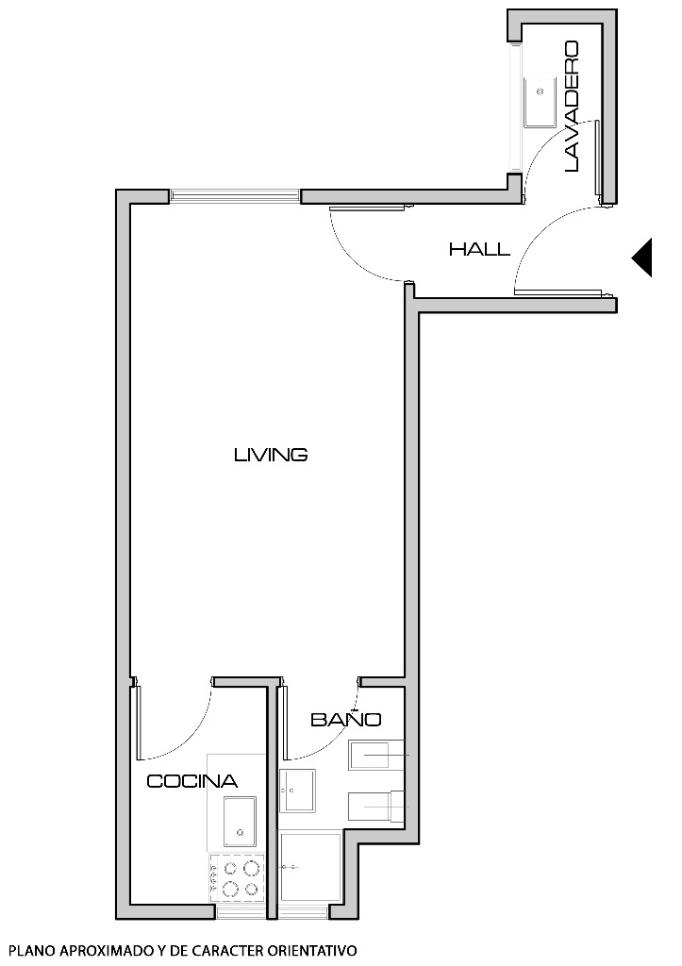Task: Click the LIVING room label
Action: [271, 455]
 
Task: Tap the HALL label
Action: [479, 250]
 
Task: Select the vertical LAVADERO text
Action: [571, 106]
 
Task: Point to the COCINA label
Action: [191, 781]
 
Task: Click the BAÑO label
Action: [345, 720]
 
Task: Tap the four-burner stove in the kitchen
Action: [237, 877]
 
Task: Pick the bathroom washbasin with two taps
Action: [298, 790]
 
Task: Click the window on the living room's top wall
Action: [235, 196]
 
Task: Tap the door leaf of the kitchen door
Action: [138, 722]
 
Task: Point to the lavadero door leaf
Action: [599, 160]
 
